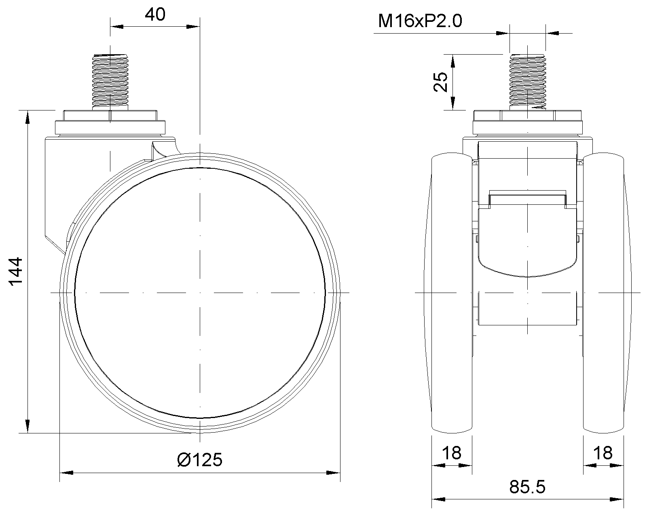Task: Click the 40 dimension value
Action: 155,15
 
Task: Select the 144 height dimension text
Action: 15,271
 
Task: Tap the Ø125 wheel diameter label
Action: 200,460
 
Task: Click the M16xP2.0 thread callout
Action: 420,21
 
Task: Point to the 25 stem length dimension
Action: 440,82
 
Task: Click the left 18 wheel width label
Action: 452,453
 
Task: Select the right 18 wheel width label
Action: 603,453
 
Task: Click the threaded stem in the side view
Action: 110,82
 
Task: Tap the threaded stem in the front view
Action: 528,82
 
